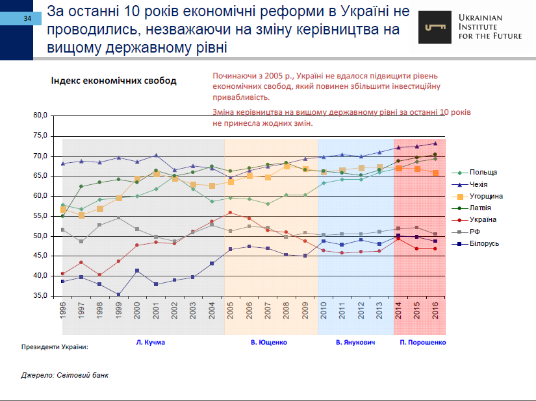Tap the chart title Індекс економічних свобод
(114, 81)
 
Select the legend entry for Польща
(483, 172)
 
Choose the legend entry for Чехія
(481, 184)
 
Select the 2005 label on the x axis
(231, 310)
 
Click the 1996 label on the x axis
(63, 310)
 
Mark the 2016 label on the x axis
(435, 310)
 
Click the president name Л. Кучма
(151, 341)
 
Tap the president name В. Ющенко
(269, 341)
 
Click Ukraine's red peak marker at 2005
(230, 213)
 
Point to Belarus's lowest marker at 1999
(119, 295)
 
